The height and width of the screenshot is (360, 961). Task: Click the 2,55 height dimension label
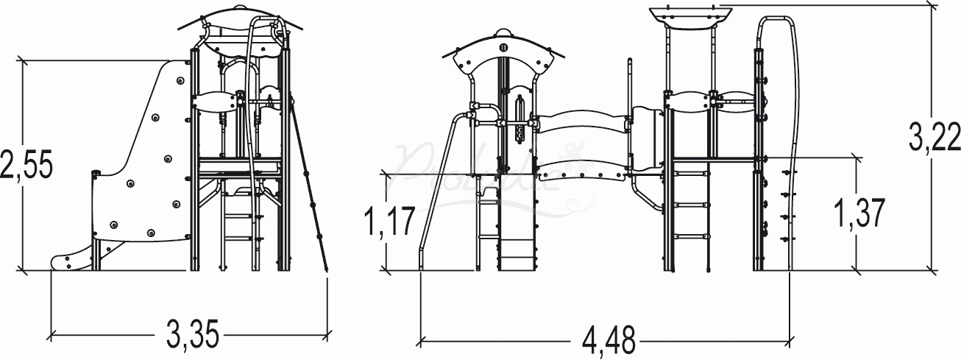click(26, 164)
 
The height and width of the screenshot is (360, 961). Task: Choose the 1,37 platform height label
click(859, 213)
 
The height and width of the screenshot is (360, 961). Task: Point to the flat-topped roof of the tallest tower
click(690, 15)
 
